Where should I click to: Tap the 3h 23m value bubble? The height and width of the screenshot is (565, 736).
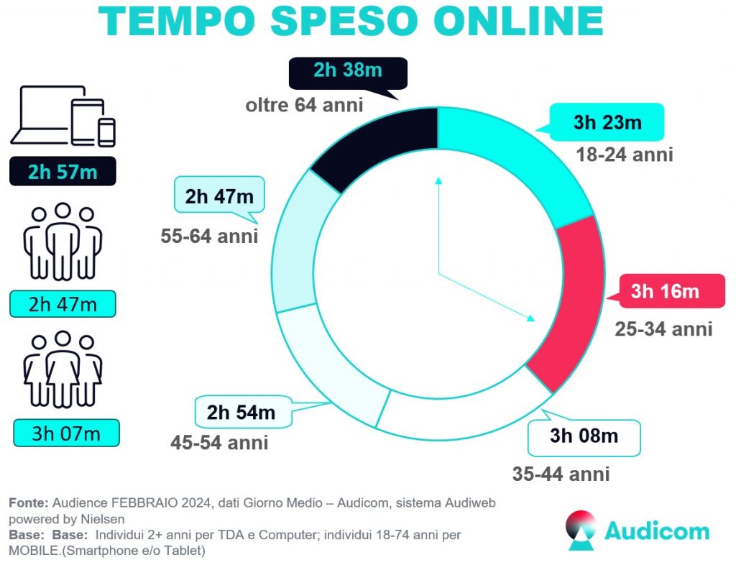pyautogui.click(x=607, y=122)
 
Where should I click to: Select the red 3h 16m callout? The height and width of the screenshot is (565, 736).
pyautogui.click(x=664, y=291)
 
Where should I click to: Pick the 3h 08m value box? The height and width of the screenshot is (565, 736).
pyautogui.click(x=584, y=436)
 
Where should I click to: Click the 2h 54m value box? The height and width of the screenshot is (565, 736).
pyautogui.click(x=241, y=413)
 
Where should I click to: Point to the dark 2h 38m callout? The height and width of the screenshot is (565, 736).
pyautogui.click(x=348, y=72)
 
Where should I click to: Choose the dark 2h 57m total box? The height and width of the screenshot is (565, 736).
pyautogui.click(x=63, y=171)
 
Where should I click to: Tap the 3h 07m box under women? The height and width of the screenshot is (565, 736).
pyautogui.click(x=65, y=433)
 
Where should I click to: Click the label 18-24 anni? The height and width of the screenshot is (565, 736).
pyautogui.click(x=625, y=154)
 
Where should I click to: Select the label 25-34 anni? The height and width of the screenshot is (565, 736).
pyautogui.click(x=663, y=329)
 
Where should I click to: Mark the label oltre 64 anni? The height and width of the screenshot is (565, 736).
pyautogui.click(x=304, y=105)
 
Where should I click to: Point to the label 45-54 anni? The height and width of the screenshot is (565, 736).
pyautogui.click(x=219, y=442)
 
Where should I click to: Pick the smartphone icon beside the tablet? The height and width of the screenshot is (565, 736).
pyautogui.click(x=107, y=132)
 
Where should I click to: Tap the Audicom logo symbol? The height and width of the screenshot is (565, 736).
pyautogui.click(x=581, y=530)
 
